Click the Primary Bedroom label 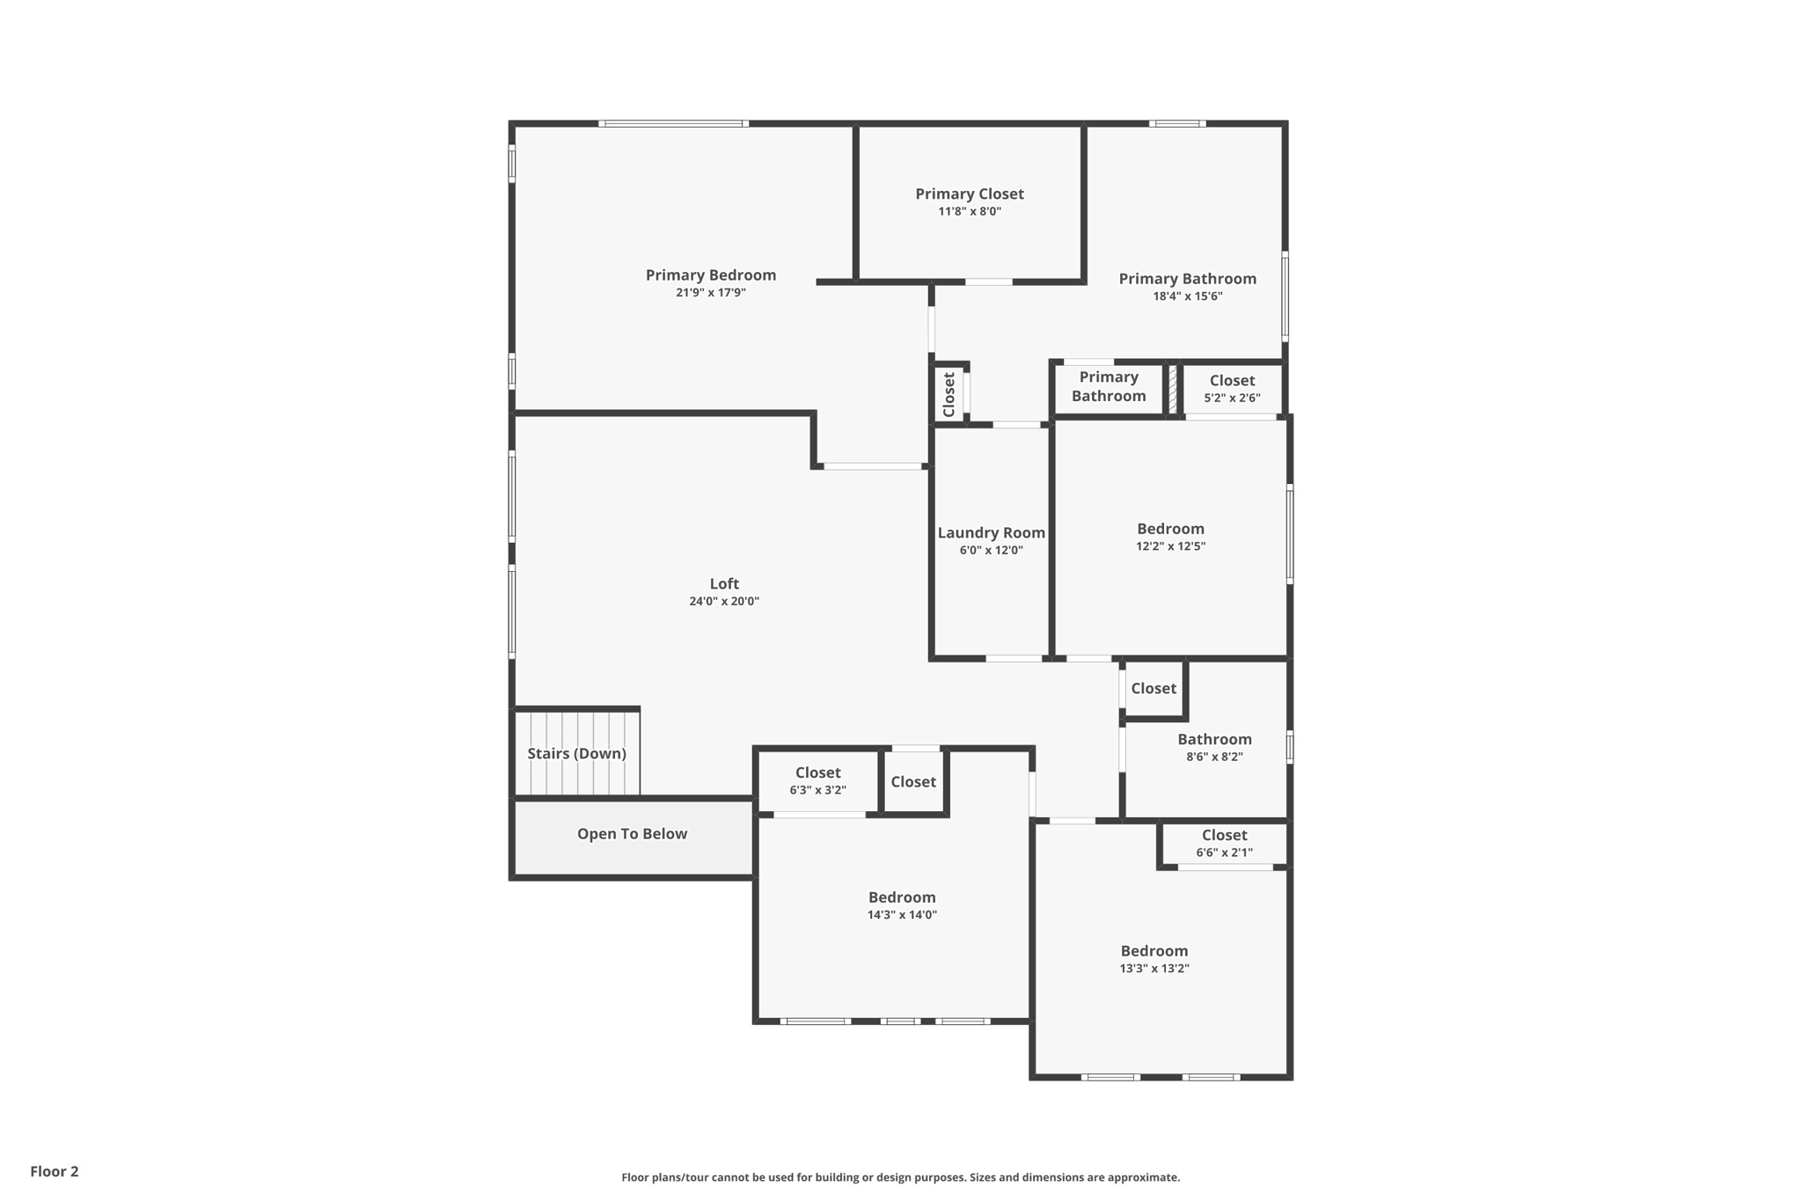(710, 275)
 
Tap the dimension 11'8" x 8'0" (969, 211)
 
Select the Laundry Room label (991, 532)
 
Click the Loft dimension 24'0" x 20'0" (723, 602)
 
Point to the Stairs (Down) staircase (576, 753)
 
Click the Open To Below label (632, 834)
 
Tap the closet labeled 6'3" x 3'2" (817, 780)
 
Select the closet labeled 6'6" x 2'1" (1224, 843)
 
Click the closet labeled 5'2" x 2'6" (1231, 388)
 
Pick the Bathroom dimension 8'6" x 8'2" (1214, 757)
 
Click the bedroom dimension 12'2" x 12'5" (1170, 546)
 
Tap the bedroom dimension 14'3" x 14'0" (901, 915)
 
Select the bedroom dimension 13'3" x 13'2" (1154, 969)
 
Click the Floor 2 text (55, 1171)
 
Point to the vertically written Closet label (949, 394)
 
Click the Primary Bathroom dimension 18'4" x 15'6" (1187, 297)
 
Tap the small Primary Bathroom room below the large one (1108, 387)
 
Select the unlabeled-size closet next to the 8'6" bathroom (1153, 689)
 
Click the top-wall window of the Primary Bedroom (673, 124)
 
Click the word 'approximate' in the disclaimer (1143, 1177)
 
